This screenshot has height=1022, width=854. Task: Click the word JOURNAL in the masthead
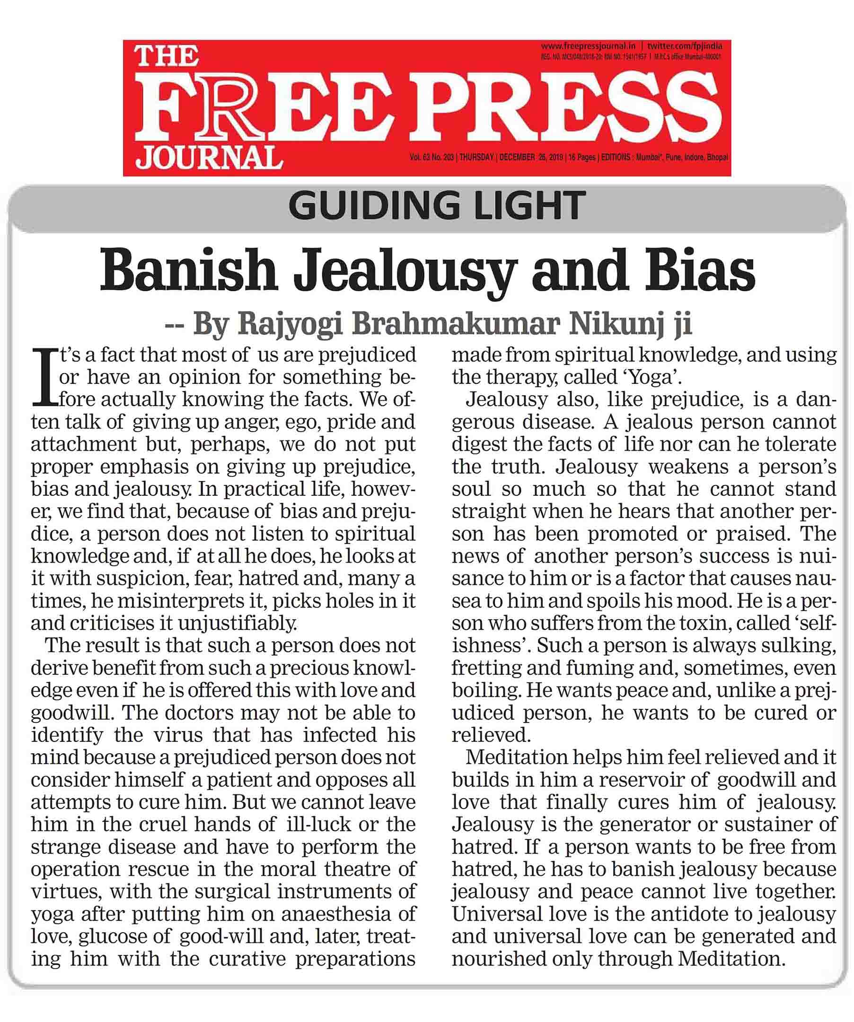pos(209,157)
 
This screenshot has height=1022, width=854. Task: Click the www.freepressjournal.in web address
pos(588,46)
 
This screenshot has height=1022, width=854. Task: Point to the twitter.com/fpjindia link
pos(685,46)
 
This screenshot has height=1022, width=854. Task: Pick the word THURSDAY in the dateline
pos(476,157)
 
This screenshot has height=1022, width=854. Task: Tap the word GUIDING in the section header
pos(373,206)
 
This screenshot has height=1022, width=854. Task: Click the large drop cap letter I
pos(44,377)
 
